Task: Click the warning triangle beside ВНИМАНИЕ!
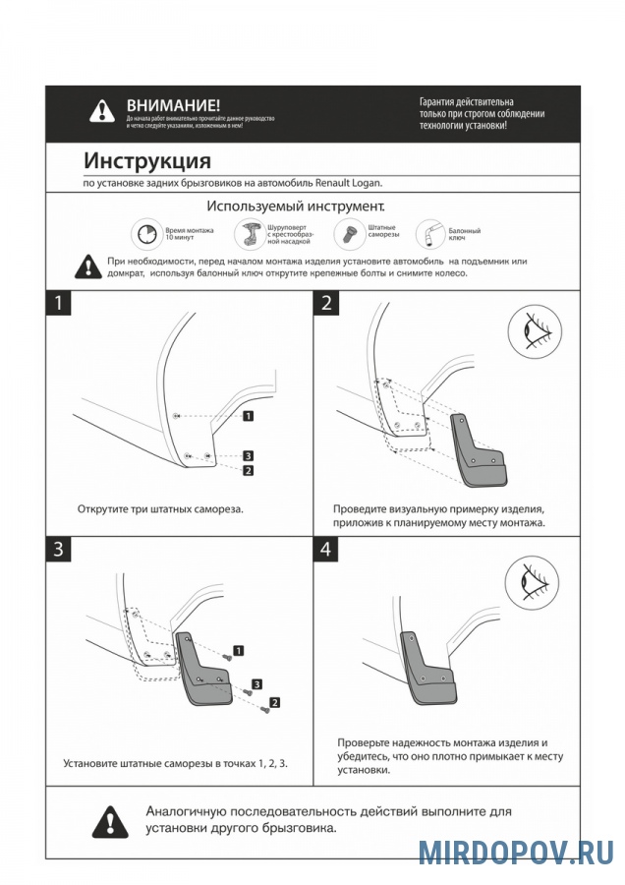(102, 111)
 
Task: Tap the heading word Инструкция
(147, 160)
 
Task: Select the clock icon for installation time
(146, 234)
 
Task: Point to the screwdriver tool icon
(250, 234)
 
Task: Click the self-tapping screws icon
(348, 233)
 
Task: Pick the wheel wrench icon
(431, 233)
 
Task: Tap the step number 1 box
(59, 303)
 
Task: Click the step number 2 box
(326, 303)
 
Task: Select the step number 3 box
(59, 550)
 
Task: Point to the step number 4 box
(326, 550)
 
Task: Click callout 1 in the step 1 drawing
(249, 416)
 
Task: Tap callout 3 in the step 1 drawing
(249, 456)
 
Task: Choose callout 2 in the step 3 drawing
(274, 702)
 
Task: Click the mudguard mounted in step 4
(428, 675)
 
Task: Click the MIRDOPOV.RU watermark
(515, 851)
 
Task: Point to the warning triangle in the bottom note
(111, 819)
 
